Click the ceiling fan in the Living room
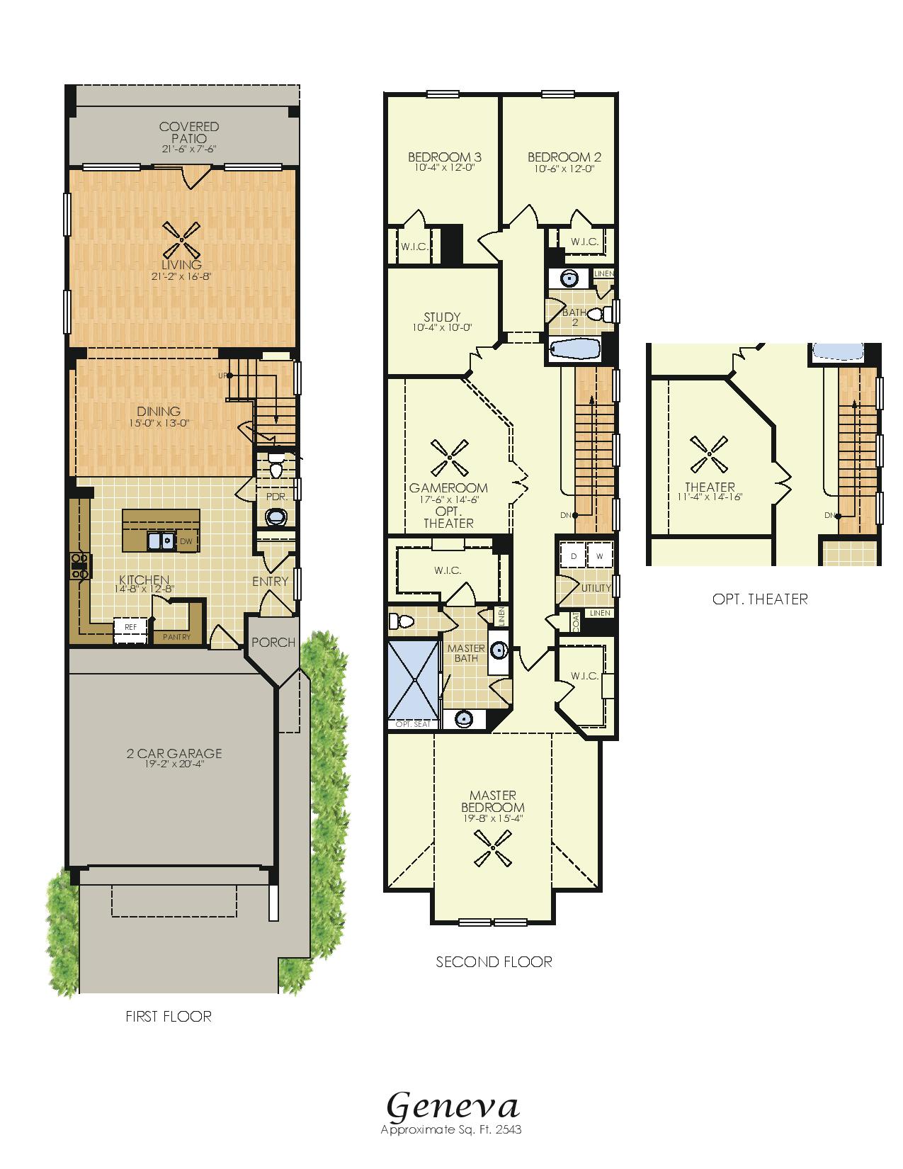pos(182,240)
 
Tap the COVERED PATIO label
pos(189,132)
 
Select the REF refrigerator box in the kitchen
pos(131,631)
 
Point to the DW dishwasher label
pos(186,541)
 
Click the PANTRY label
pos(176,637)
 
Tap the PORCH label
pos(273,643)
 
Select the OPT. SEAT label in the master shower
pos(413,724)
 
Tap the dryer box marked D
pos(573,555)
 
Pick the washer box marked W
pos(599,555)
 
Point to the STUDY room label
pos(442,317)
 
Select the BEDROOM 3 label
pos(445,157)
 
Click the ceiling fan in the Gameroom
pos(450,458)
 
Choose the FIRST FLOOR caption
pos(169,1016)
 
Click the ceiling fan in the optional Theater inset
pos(709,454)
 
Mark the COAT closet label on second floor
pos(576,622)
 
